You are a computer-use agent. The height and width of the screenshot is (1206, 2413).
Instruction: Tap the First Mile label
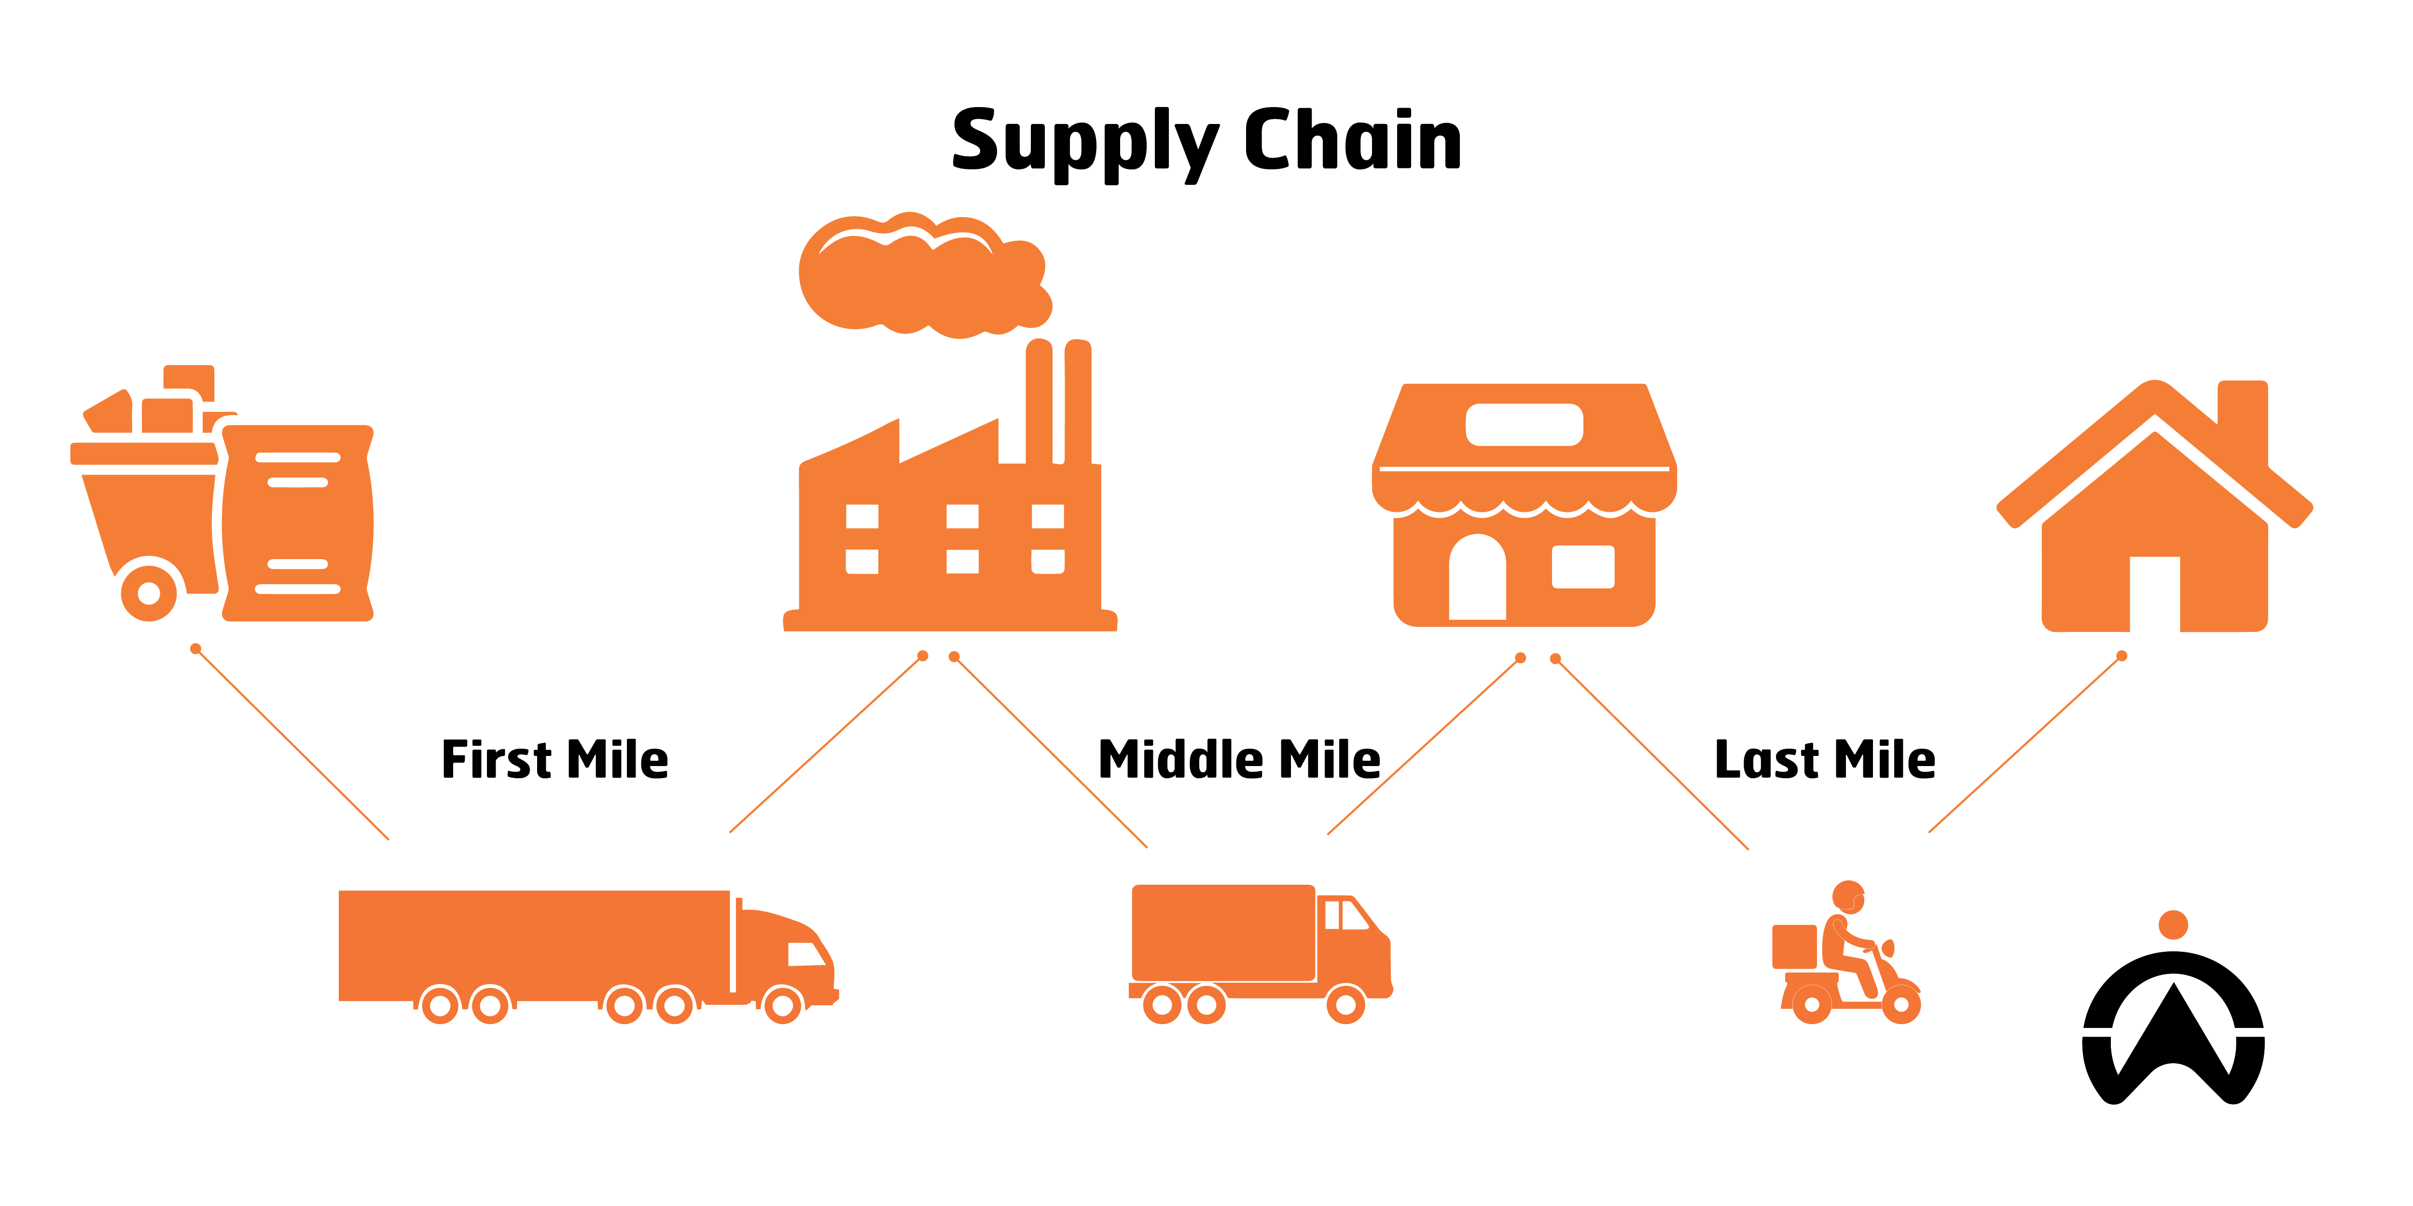click(x=555, y=759)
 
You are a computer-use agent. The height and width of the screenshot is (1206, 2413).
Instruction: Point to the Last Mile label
click(x=1824, y=759)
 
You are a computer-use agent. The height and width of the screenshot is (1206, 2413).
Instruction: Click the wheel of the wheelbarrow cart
click(x=149, y=593)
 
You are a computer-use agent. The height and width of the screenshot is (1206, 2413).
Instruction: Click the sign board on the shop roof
click(x=1524, y=424)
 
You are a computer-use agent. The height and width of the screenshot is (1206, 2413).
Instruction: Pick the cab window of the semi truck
click(x=805, y=954)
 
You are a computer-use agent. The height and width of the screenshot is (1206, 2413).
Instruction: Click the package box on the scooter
click(x=1794, y=946)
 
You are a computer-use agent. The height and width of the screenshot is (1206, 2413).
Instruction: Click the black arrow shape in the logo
click(x=2173, y=1035)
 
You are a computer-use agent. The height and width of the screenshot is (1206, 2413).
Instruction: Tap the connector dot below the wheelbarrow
click(x=196, y=649)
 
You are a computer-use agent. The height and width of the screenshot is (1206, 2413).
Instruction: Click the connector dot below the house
click(x=2122, y=656)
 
